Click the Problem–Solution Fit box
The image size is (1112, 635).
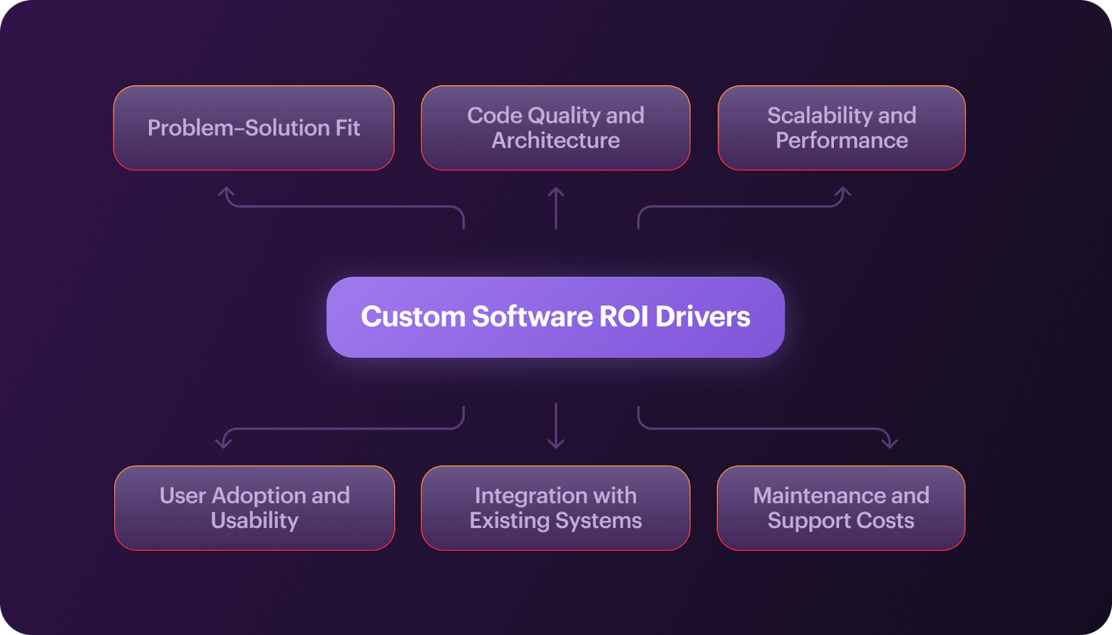(x=254, y=128)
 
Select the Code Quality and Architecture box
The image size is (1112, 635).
(x=555, y=128)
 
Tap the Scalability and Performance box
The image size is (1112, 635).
(x=842, y=128)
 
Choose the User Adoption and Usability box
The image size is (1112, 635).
(x=254, y=508)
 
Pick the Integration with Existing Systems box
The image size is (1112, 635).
(x=555, y=508)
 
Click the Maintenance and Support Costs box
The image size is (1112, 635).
(x=841, y=508)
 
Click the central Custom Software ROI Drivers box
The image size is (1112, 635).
(x=555, y=317)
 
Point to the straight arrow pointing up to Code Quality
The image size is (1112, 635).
(x=556, y=208)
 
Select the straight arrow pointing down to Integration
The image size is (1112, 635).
(x=556, y=426)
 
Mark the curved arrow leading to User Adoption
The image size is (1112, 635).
(x=343, y=429)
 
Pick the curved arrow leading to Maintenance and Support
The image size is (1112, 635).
(x=764, y=429)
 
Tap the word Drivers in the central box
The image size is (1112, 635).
(x=703, y=317)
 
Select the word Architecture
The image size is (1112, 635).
(x=555, y=140)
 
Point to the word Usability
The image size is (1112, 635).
(x=254, y=521)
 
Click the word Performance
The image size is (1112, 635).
(x=842, y=140)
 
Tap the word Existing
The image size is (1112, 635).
(x=509, y=521)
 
